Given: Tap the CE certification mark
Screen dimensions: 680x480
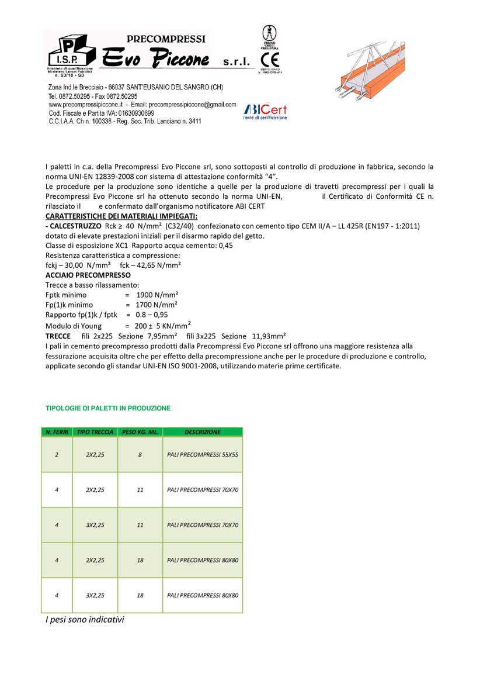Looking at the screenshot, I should (270, 60).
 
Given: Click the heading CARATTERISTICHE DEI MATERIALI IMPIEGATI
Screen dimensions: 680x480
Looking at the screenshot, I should (121, 216).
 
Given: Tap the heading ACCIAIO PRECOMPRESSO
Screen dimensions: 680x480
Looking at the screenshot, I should (88, 275).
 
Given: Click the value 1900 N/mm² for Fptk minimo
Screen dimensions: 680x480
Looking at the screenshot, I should (157, 295).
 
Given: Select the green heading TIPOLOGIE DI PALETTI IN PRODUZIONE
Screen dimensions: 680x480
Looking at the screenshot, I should (108, 408).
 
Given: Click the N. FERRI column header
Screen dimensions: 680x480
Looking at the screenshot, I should (57, 432).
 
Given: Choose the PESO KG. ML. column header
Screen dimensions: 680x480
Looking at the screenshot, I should (140, 432).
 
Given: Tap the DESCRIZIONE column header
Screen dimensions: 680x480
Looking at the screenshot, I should (203, 432).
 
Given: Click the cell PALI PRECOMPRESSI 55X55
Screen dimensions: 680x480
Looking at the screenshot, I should (202, 454).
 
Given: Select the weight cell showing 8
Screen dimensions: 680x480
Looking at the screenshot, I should (140, 454).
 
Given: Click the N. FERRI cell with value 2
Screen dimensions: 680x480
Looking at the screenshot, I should (57, 454).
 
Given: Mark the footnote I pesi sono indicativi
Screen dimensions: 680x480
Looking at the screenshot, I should (85, 619).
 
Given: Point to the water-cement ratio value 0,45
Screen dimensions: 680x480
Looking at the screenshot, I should (224, 246).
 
